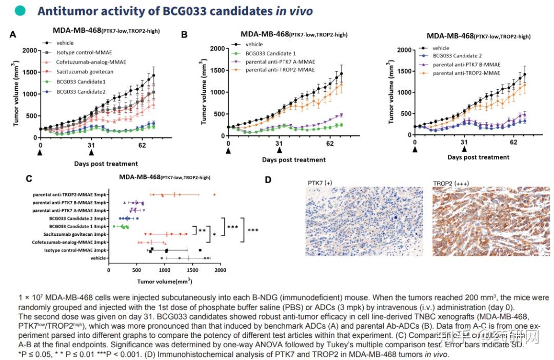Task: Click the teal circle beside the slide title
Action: pos(20,11)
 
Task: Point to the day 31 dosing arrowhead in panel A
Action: pos(91,152)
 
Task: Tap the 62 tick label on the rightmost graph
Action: pos(513,142)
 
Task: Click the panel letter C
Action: pos(29,178)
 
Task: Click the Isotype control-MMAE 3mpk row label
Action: pos(75,250)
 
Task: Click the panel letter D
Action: pos(268,179)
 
